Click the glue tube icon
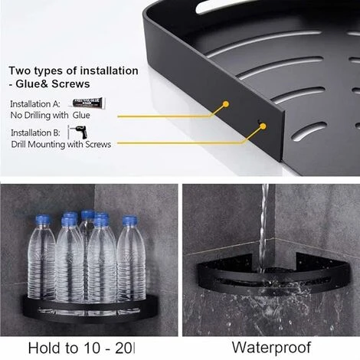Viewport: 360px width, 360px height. [x=87, y=102]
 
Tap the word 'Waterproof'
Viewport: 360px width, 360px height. [x=267, y=347]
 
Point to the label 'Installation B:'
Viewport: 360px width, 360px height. [x=38, y=132]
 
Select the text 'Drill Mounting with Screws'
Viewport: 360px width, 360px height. [x=61, y=143]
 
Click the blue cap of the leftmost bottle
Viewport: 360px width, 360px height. [x=44, y=221]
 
